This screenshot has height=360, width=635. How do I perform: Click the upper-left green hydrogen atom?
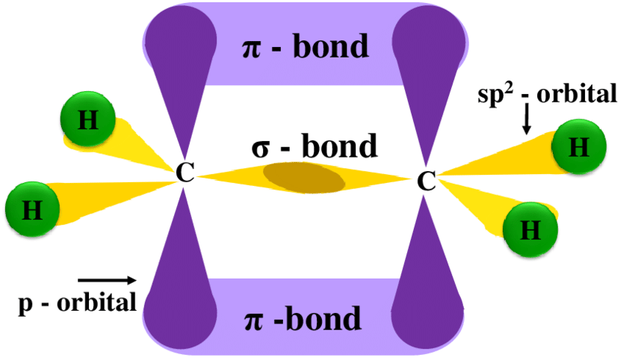[88, 122]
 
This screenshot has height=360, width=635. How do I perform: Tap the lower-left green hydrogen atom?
[32, 208]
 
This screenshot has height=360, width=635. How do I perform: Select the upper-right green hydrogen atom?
[578, 148]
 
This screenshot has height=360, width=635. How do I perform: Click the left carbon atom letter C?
[185, 174]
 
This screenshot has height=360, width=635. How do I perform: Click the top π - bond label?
[306, 47]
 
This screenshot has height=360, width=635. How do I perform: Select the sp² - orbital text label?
[548, 94]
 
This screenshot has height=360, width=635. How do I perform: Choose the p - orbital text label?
[77, 302]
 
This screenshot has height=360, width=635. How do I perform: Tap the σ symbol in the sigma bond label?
[261, 147]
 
